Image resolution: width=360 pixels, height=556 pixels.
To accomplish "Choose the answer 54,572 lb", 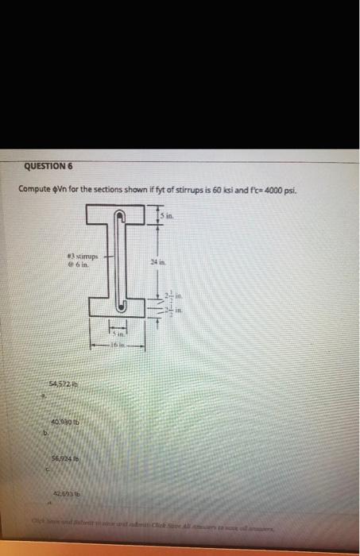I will coord(60,384).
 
